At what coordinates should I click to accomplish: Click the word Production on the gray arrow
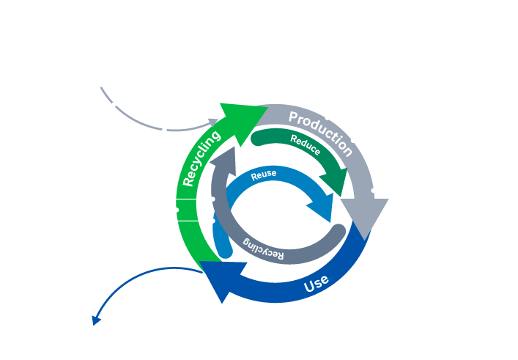(321, 133)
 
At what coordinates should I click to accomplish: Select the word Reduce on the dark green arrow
(305, 145)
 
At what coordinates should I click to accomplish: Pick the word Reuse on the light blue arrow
(264, 175)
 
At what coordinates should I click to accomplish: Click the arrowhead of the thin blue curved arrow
(95, 320)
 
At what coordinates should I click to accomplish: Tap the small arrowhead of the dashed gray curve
(213, 122)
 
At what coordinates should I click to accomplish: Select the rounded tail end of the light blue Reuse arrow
(223, 249)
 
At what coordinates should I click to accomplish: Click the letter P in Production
(294, 117)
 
